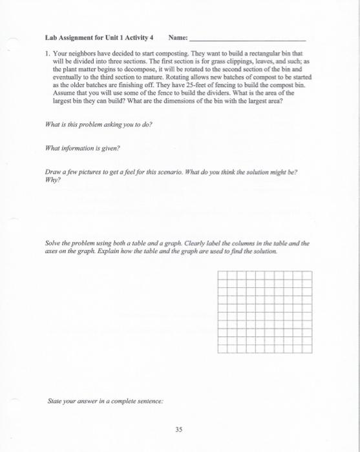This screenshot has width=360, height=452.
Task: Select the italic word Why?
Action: point(52,180)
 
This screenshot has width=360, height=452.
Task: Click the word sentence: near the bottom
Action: point(147,401)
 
